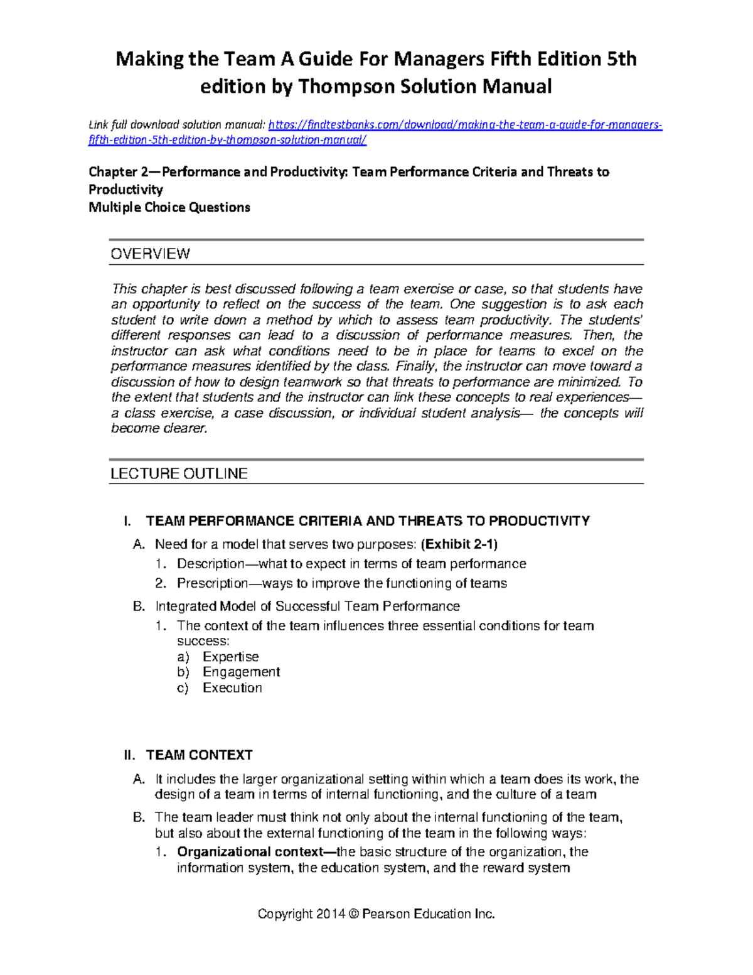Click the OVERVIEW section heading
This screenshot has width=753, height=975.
pos(150,254)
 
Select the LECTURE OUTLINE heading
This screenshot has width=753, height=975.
pos(179,473)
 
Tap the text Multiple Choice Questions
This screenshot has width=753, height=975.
pos(169,207)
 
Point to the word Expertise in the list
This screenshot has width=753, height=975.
pos(230,657)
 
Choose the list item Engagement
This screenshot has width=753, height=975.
pos(241,672)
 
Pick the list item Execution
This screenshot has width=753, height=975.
pos(232,687)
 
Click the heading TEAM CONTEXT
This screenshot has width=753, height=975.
pos(199,755)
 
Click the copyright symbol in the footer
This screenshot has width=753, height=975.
pos(353,914)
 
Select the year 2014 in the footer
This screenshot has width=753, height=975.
pos(331,914)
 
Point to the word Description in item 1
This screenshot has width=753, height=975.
pos(210,564)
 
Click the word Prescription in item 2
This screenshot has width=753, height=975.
pos(212,583)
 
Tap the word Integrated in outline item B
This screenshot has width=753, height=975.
pos(186,606)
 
